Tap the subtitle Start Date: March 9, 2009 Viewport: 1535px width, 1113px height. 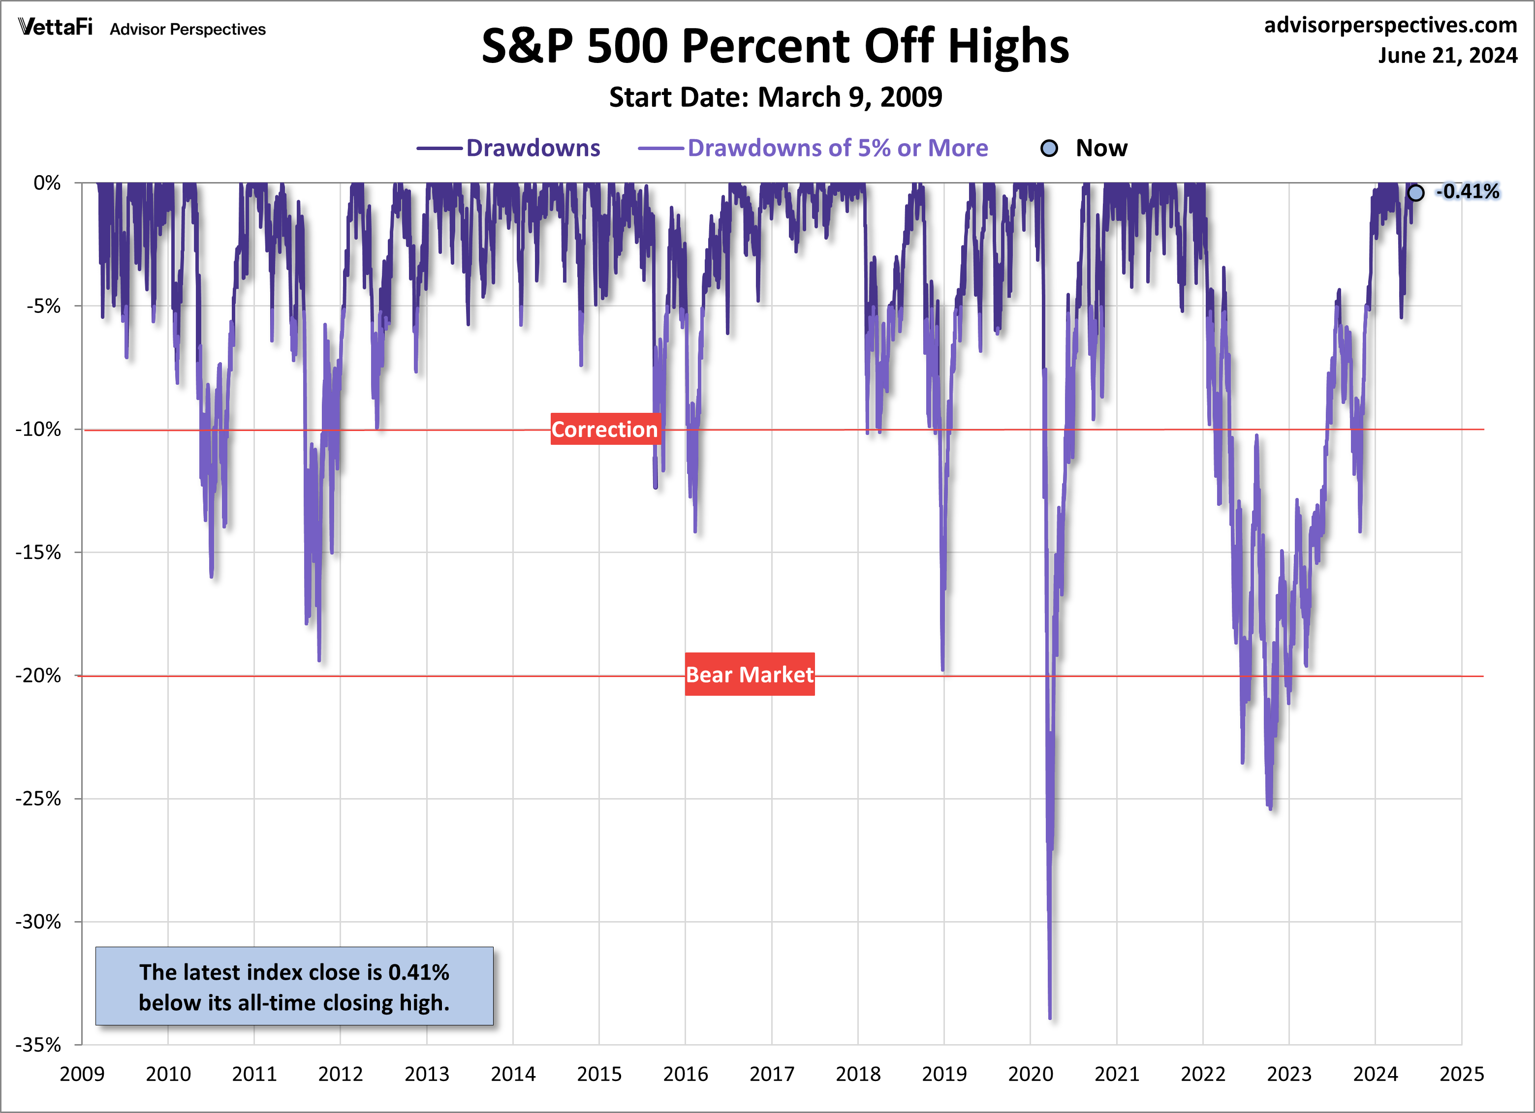coord(775,97)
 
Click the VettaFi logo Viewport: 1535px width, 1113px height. coord(56,27)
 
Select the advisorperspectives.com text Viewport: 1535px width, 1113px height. coord(1390,25)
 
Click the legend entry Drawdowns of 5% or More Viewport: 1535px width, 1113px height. coord(837,148)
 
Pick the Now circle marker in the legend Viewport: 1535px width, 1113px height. coord(1049,148)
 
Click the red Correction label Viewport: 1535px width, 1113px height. coord(604,430)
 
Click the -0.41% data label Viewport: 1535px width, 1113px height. coord(1467,192)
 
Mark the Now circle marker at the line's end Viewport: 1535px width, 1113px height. coord(1415,193)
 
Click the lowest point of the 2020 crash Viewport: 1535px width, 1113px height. coord(1050,1017)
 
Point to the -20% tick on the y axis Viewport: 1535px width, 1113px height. coord(38,675)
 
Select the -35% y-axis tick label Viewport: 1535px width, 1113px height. coord(38,1045)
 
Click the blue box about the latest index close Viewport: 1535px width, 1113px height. coord(294,987)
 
